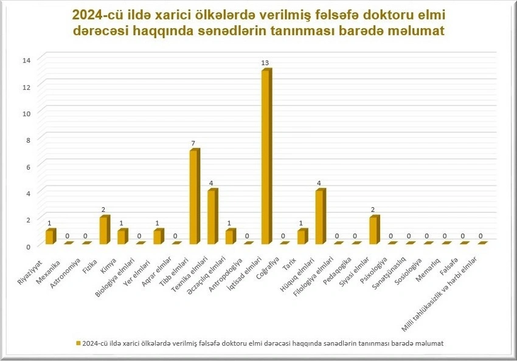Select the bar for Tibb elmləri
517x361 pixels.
click(x=193, y=197)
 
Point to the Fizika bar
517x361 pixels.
click(x=103, y=230)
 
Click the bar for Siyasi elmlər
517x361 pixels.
click(x=373, y=230)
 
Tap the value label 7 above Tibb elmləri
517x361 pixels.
click(x=193, y=143)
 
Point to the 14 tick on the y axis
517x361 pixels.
click(x=26, y=60)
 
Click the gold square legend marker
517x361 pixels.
click(x=77, y=343)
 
